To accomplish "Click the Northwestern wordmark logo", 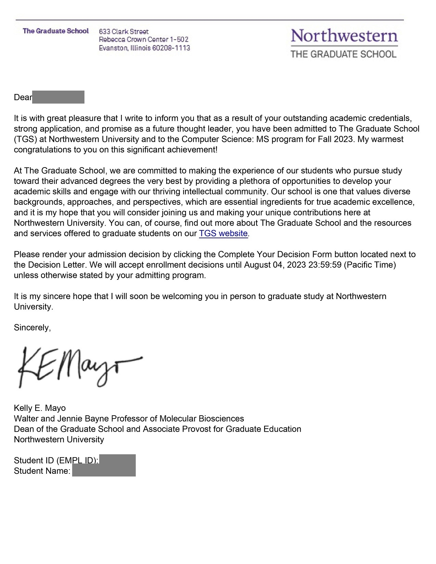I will click(x=344, y=36).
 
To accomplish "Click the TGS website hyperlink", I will click(x=223, y=233).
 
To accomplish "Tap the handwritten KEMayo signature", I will click(x=79, y=367).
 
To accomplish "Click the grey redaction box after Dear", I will click(x=58, y=97).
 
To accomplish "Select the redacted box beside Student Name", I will click(x=104, y=471).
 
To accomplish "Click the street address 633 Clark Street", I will click(x=124, y=31).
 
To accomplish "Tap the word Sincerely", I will click(x=32, y=327).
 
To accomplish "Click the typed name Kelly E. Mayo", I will click(x=40, y=408).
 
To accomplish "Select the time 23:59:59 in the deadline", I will click(x=325, y=265).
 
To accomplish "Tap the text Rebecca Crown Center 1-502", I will click(x=144, y=40).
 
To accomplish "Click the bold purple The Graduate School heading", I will click(x=56, y=31).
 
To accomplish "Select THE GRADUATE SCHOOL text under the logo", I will click(x=343, y=54).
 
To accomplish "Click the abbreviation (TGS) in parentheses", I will click(x=25, y=139).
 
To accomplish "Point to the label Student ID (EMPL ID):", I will click(x=56, y=460).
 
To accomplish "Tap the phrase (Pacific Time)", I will click(x=370, y=265).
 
